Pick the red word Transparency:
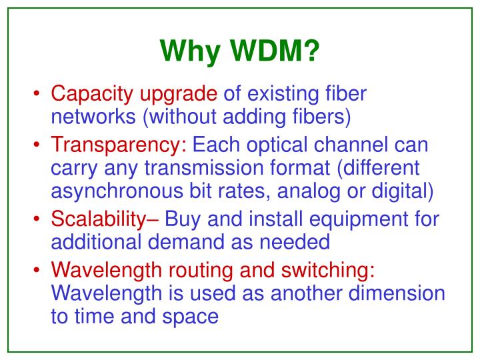coord(119,146)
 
